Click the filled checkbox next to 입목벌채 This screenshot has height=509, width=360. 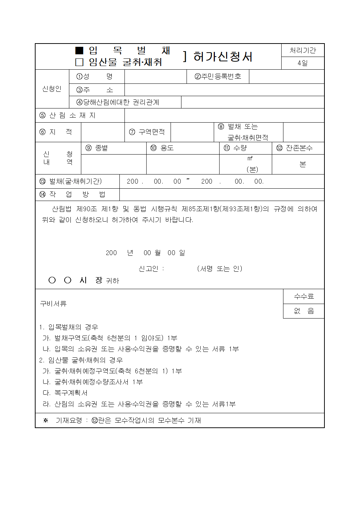coord(79,50)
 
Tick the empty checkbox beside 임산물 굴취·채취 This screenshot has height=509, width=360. coord(79,62)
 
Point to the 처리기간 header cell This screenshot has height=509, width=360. coord(303,50)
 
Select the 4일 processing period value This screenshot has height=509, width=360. coord(303,63)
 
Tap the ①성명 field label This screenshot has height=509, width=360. coord(94,77)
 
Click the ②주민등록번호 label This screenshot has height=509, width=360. coord(218,77)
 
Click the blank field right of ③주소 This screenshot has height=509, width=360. coord(224,90)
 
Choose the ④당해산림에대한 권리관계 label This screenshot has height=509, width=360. coord(118,102)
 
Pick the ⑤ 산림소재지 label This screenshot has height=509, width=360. coord(67,115)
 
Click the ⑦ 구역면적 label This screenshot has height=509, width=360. coord(147,132)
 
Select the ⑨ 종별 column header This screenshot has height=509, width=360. coord(97,148)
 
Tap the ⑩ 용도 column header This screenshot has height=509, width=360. coord(162,148)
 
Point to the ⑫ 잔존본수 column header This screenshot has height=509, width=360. coord(294,148)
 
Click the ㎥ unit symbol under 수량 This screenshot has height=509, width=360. coord(250,159)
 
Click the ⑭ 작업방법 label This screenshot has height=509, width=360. coord(72,194)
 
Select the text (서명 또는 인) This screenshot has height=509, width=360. coord(220,269)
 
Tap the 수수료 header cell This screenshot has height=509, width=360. coord(304,296)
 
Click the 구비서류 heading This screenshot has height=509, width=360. coord(53,304)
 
